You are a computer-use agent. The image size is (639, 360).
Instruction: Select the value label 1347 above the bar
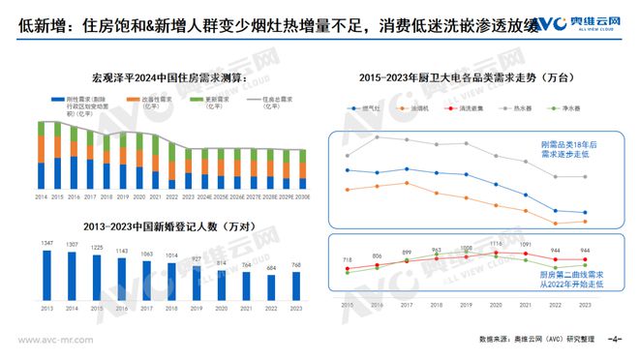[46, 243]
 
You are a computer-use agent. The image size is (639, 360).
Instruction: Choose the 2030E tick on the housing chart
[302, 195]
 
